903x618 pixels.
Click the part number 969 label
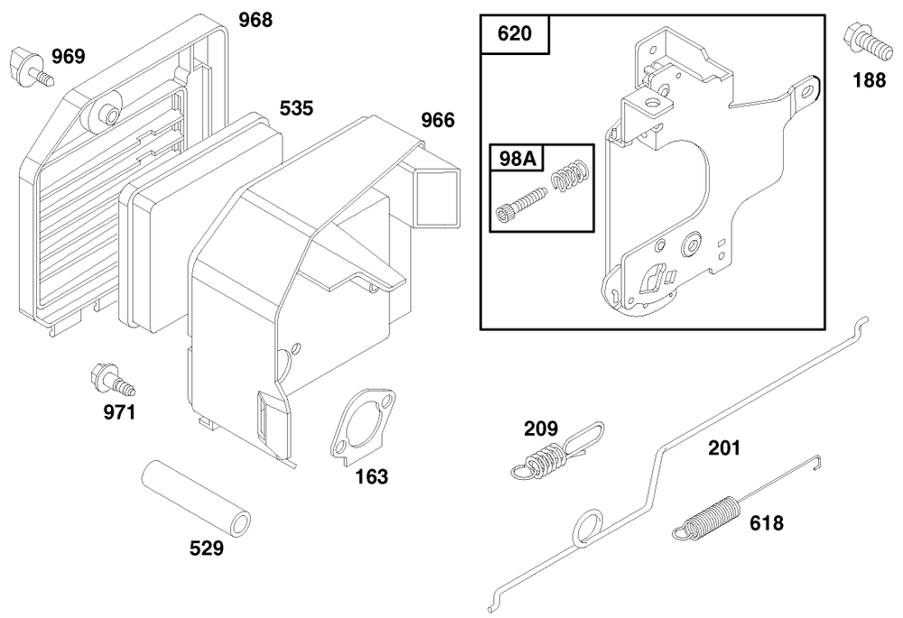tap(68, 58)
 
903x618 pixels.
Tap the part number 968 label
tap(256, 19)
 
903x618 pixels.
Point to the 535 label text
tap(296, 108)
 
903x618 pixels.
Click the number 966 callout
tap(438, 120)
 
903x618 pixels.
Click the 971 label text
tap(118, 413)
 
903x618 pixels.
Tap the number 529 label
tap(206, 548)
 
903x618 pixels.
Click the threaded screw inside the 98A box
tap(522, 203)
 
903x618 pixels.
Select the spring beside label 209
tap(553, 456)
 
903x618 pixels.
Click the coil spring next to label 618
tap(708, 519)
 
